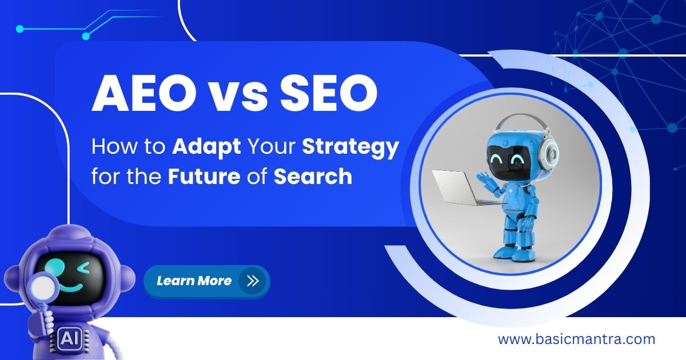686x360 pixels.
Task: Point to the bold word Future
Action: pyautogui.click(x=204, y=177)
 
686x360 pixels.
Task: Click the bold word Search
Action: pyautogui.click(x=313, y=177)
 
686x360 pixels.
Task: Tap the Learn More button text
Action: pyautogui.click(x=194, y=281)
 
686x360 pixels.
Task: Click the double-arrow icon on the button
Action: pyautogui.click(x=252, y=281)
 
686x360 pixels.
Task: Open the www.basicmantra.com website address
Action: pyautogui.click(x=576, y=339)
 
